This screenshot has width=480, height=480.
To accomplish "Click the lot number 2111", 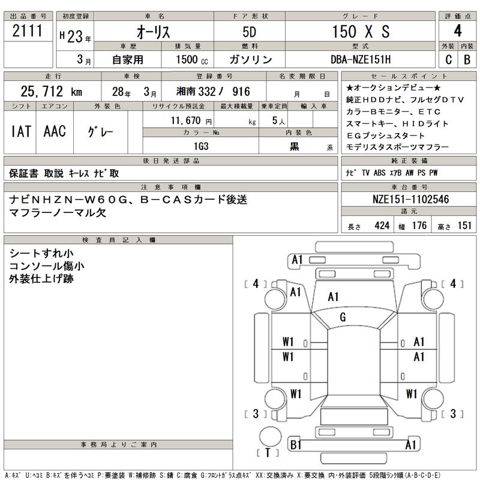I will click(28, 32).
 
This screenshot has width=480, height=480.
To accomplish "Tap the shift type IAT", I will click(22, 131).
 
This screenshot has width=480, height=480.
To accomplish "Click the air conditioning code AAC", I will click(55, 131).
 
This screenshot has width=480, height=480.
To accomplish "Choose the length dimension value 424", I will click(381, 226).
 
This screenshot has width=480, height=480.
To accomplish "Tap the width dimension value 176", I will click(420, 226).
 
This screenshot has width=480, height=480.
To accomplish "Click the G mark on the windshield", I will click(343, 317).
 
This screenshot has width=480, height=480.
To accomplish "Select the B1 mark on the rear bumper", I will click(295, 445).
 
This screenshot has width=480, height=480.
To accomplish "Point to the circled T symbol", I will click(268, 452).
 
